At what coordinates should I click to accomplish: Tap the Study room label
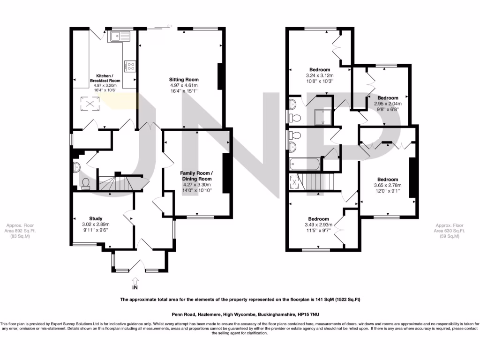click(96, 218)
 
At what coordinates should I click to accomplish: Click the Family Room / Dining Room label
click(196, 176)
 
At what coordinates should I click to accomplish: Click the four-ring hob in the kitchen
click(130, 67)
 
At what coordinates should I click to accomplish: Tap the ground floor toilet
click(85, 183)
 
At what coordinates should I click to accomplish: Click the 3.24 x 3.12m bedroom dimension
click(319, 75)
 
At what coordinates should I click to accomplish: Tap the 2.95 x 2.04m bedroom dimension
click(388, 104)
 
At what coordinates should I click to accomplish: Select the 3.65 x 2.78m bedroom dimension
click(387, 186)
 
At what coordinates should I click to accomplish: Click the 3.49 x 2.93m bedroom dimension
click(318, 225)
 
